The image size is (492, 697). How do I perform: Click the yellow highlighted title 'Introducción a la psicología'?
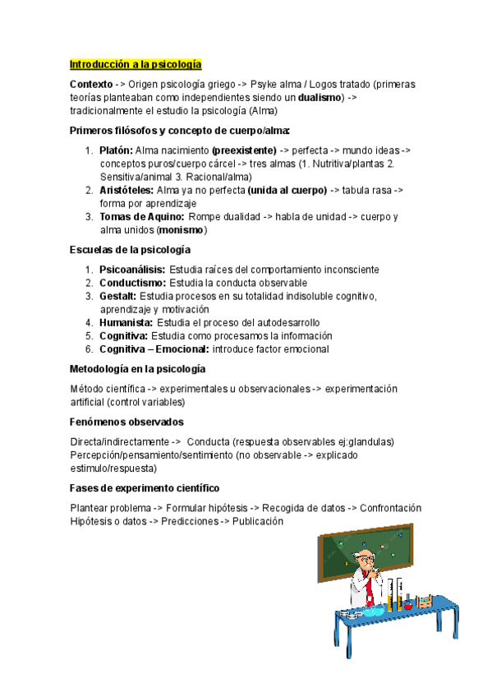pos(136,64)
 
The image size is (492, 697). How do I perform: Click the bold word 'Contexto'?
pos(92,85)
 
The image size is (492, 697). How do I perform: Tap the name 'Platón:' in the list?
pos(116,150)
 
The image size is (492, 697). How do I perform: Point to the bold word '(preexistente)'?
pos(243,150)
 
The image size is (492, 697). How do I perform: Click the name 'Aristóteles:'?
pos(126,190)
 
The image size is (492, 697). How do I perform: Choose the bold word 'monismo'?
pos(182,230)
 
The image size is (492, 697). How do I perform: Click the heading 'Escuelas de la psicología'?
pos(130,249)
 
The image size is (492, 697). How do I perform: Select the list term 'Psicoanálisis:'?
pos(132,270)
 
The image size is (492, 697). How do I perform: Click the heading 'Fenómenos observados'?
pos(126,422)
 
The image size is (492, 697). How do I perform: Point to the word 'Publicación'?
pos(257,521)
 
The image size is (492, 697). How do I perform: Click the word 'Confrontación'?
pos(390,508)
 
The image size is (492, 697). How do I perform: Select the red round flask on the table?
pos(407,606)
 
